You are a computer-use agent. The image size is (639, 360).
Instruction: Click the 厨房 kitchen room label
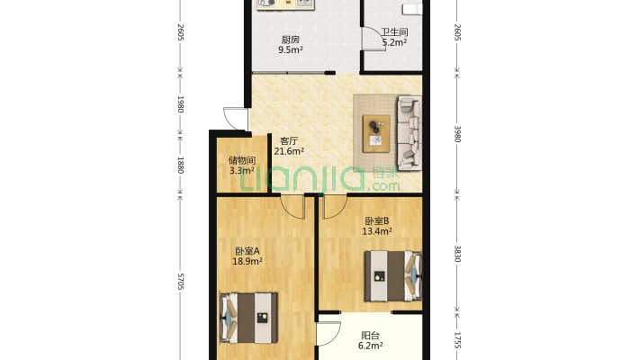click(x=290, y=40)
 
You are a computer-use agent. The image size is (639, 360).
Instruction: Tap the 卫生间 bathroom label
click(x=394, y=31)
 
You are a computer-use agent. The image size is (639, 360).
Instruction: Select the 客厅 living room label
click(x=289, y=141)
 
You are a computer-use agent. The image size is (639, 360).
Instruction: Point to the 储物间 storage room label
click(x=242, y=160)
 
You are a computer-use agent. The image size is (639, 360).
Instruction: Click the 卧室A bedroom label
click(x=247, y=251)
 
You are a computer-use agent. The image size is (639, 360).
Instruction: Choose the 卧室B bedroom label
click(x=377, y=221)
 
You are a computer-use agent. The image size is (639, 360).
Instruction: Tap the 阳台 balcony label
click(x=371, y=336)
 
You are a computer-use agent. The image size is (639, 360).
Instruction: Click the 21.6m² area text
click(x=289, y=151)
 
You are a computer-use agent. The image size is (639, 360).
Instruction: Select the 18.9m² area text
click(x=247, y=261)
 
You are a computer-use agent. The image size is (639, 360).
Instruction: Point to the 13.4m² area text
click(x=377, y=231)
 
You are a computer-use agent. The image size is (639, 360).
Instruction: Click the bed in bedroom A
click(x=248, y=318)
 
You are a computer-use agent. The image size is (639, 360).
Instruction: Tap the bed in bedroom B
click(x=393, y=276)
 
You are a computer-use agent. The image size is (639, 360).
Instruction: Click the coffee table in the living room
click(x=376, y=134)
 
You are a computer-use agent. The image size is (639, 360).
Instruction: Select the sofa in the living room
click(x=409, y=132)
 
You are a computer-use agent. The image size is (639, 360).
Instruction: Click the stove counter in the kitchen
click(x=285, y=4)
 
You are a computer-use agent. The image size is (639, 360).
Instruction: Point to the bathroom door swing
click(x=373, y=39)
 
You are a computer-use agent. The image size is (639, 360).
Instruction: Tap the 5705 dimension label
click(x=181, y=282)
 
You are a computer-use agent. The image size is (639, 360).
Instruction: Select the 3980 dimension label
click(x=457, y=134)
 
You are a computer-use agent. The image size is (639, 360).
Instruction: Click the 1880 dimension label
click(x=181, y=165)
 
